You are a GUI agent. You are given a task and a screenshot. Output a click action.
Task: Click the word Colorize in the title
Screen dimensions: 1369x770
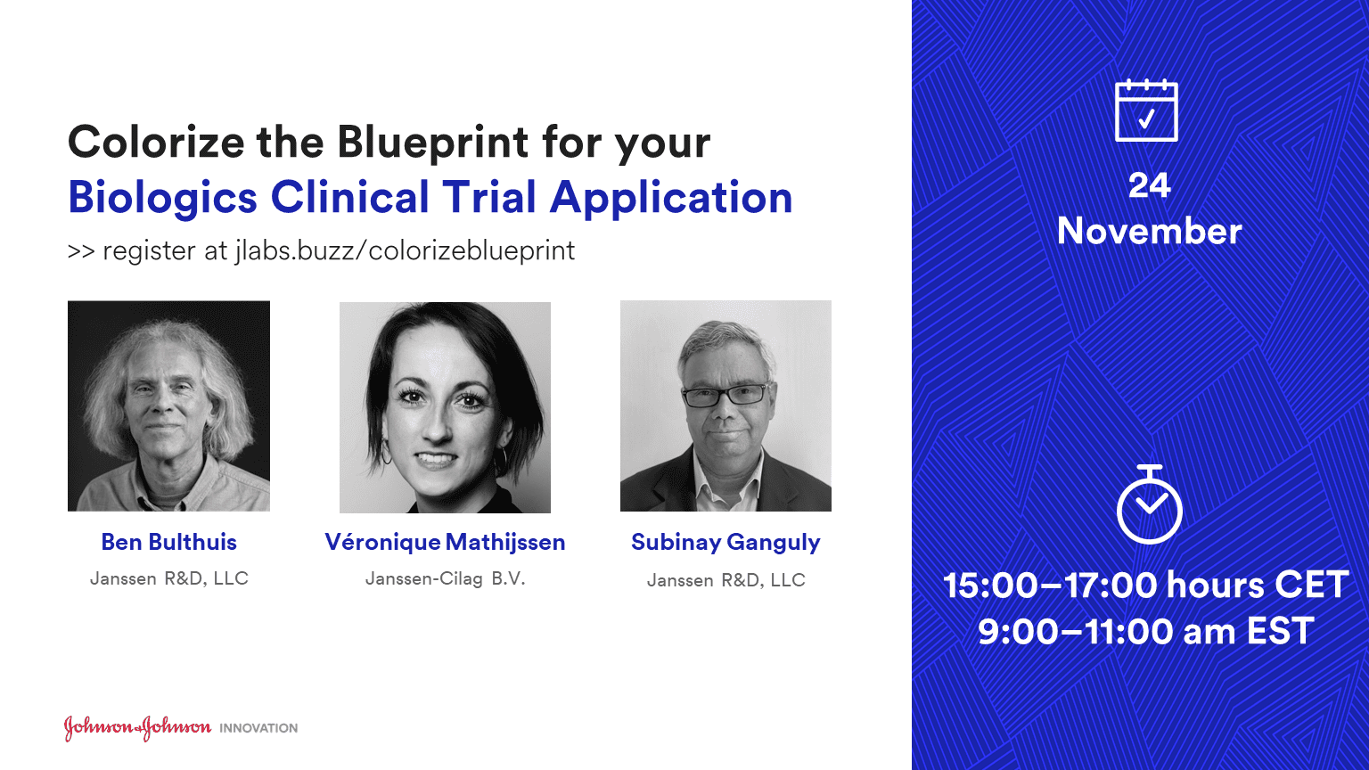click(x=156, y=142)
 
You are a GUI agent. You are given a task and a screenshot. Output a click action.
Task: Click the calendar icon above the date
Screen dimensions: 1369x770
click(x=1146, y=111)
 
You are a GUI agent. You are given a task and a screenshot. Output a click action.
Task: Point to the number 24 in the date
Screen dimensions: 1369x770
click(x=1149, y=185)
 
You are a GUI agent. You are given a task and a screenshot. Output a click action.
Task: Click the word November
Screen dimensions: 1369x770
click(x=1149, y=232)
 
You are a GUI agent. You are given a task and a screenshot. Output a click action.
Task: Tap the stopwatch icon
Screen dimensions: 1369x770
click(x=1149, y=504)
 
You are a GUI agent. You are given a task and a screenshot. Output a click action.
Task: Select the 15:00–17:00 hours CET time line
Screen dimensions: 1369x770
click(x=1146, y=585)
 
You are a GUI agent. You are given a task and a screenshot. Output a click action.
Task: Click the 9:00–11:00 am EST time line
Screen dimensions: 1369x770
click(x=1146, y=631)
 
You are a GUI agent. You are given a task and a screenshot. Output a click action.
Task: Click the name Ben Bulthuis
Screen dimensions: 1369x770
click(x=168, y=542)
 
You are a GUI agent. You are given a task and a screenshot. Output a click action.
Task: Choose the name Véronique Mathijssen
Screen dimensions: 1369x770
click(x=445, y=542)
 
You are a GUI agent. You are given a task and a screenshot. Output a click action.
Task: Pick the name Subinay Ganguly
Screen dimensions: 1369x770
click(x=725, y=543)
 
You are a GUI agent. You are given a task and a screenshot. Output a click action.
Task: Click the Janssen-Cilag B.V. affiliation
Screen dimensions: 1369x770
click(x=445, y=578)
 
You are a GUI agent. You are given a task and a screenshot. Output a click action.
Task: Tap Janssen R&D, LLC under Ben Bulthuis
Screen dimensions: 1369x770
click(x=169, y=578)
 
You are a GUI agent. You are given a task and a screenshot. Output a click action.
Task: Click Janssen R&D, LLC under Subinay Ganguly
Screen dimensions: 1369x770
click(x=726, y=580)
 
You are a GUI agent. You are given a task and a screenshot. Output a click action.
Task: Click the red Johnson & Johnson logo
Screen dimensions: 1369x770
click(x=137, y=727)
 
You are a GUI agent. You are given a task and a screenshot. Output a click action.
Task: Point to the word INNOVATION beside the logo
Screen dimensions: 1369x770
click(x=258, y=728)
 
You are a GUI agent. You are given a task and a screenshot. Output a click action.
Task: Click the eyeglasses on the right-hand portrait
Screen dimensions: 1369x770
click(x=726, y=395)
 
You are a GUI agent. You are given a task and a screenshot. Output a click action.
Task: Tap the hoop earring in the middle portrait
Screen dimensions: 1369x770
click(x=386, y=453)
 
